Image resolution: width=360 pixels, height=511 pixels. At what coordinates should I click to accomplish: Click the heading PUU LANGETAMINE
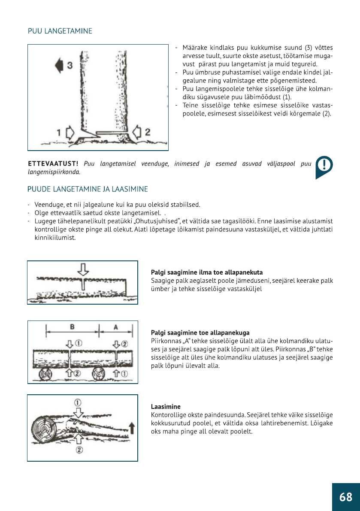tap(60, 31)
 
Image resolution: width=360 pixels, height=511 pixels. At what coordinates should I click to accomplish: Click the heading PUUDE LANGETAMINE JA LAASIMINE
tap(88, 189)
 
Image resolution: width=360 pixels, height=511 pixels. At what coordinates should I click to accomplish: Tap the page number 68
tap(345, 497)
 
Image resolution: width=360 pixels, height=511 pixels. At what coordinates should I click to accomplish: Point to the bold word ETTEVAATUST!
tap(53, 164)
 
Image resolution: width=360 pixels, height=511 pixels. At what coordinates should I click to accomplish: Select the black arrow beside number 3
tap(59, 66)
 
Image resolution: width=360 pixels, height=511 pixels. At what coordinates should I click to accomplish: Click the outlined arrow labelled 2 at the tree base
tap(138, 131)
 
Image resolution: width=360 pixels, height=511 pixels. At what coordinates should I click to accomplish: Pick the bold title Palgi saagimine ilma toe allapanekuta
tap(207, 272)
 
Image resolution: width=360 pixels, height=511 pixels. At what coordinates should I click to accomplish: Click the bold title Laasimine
tap(166, 406)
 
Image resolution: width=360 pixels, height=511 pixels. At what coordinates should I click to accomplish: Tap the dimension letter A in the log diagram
tap(115, 327)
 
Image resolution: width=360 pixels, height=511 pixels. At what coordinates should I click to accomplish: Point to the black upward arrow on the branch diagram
tap(132, 428)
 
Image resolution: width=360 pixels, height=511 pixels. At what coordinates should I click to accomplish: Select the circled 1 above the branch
tap(78, 402)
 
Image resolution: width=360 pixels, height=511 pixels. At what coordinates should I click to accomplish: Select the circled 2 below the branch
tap(79, 449)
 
